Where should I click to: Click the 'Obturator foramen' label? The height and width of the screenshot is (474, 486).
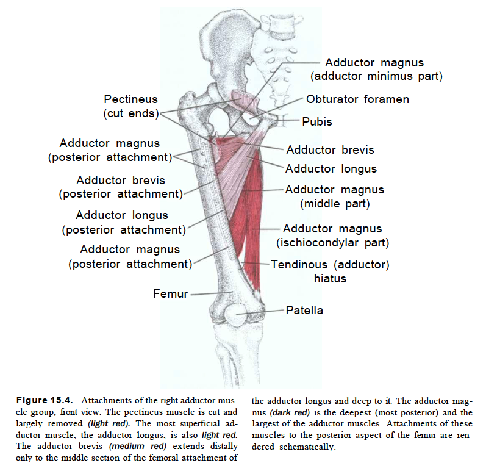357,99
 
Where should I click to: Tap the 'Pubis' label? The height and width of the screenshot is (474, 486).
316,121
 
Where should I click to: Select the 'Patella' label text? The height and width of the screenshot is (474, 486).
304,310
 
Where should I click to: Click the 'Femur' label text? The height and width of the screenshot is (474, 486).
171,293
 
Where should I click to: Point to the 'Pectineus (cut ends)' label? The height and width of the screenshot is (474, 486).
130,106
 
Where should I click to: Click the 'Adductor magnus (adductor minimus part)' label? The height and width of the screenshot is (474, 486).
376,70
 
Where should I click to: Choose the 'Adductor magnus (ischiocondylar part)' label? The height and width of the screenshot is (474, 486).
332,235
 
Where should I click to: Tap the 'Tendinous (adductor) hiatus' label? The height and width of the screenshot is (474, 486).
330,271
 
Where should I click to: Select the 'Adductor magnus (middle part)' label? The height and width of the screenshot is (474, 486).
335,196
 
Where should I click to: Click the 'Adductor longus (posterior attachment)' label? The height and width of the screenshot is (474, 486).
124,222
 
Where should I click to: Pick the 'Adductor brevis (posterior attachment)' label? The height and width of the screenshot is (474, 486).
121,187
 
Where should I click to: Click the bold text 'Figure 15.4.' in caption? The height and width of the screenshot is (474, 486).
45,400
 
